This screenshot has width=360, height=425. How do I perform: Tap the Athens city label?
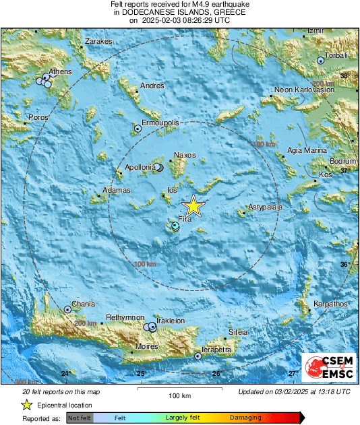(x=61, y=71)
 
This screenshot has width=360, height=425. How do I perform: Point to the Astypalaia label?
(x=265, y=207)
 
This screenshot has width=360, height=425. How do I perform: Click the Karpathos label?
(x=330, y=304)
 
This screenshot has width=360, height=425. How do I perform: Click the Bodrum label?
(x=342, y=162)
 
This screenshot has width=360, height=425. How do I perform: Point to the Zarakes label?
(x=98, y=42)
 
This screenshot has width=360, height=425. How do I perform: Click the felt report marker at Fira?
(x=175, y=226)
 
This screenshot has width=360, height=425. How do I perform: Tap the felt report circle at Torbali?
(x=321, y=61)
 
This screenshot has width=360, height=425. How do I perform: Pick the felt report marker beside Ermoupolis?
(x=138, y=127)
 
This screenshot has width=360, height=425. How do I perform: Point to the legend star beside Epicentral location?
(x=27, y=405)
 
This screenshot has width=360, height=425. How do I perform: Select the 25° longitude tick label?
(x=142, y=374)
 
